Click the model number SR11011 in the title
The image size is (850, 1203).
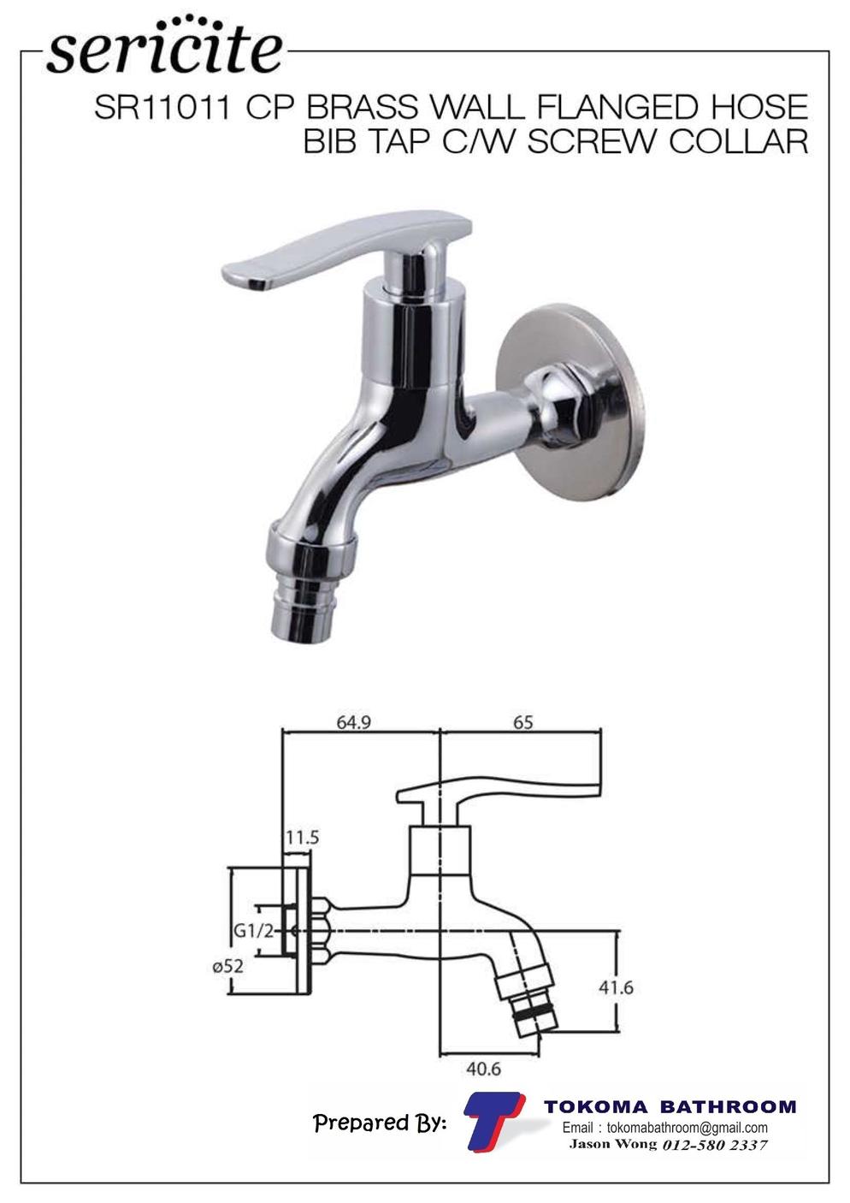point(162,107)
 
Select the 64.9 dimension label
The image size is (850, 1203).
point(354,722)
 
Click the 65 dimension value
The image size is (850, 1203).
point(522,722)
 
